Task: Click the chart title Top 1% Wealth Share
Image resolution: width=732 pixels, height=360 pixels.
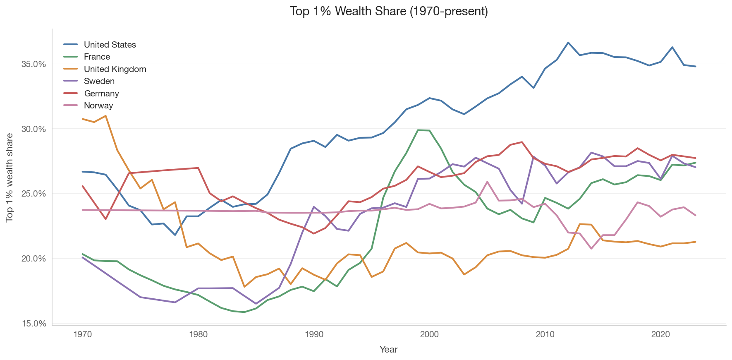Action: point(389,11)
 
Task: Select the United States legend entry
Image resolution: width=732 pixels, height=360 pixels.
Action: point(100,45)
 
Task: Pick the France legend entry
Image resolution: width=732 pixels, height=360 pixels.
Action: point(87,57)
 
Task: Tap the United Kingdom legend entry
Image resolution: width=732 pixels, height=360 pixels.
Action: point(105,69)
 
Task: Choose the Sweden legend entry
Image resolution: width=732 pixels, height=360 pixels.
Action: point(89,81)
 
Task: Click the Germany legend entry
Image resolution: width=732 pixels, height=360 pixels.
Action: point(91,94)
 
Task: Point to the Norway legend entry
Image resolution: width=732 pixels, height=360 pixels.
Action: point(88,106)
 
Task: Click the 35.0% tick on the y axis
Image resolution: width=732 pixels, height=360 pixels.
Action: point(33,64)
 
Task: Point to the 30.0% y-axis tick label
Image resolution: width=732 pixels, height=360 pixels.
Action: point(33,129)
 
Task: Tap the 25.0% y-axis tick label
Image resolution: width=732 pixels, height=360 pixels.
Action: point(33,194)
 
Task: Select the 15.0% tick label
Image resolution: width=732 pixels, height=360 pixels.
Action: point(33,323)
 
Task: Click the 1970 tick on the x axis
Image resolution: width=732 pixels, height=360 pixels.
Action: point(83,334)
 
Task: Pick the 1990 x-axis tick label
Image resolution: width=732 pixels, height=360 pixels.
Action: point(314,334)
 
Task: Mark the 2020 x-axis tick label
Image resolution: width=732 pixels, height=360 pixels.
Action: point(660,334)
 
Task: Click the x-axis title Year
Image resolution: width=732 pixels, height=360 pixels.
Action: point(389,350)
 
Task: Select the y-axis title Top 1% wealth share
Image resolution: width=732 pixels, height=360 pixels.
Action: point(10,178)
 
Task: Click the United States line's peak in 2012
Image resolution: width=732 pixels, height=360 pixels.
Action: point(568,42)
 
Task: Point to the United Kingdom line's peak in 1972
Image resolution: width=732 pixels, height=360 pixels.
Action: point(106,116)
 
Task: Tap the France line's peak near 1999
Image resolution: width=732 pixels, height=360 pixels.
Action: point(418,130)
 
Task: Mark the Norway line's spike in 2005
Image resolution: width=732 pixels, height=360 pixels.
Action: point(487,182)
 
